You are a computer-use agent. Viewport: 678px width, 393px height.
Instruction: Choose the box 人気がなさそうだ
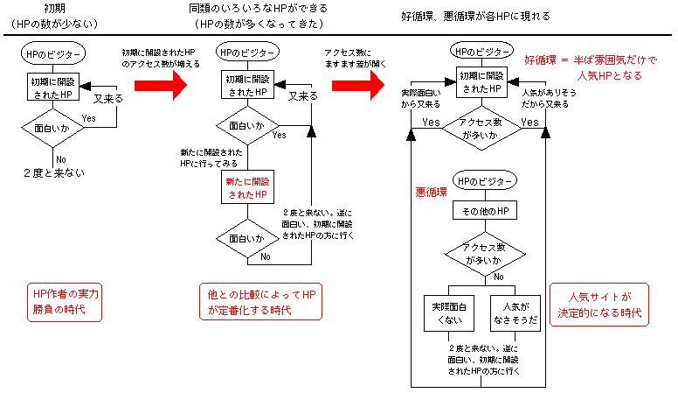pos(513,310)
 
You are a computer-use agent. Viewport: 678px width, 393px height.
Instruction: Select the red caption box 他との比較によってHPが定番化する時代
pos(260,302)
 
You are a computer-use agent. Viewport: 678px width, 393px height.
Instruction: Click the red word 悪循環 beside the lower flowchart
pos(431,190)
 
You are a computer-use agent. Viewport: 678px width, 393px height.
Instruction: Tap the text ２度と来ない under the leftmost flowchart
pos(54,172)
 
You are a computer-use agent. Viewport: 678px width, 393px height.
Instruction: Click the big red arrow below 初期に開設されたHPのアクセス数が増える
pos(161,86)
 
